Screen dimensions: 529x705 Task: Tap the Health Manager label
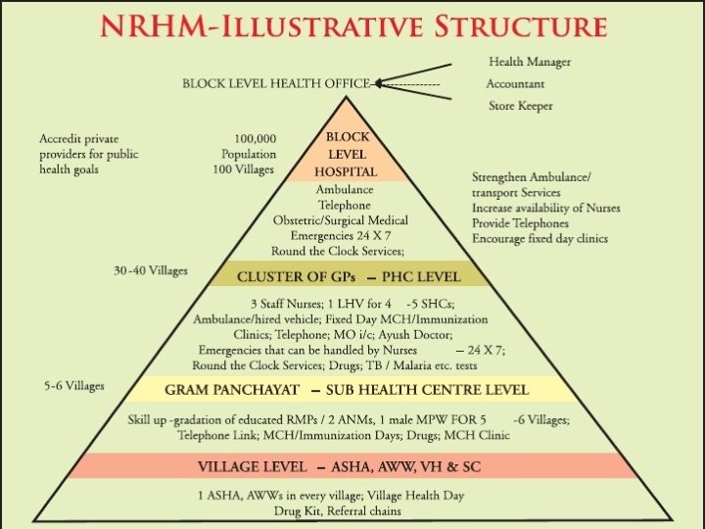pyautogui.click(x=529, y=63)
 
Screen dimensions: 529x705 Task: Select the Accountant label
pyautogui.click(x=516, y=84)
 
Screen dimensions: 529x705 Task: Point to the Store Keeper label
pyautogui.click(x=520, y=106)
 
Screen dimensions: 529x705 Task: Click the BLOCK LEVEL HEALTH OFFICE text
pyautogui.click(x=274, y=84)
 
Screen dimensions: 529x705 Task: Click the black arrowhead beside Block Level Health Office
pyautogui.click(x=379, y=84)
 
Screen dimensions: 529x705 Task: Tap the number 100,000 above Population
pyautogui.click(x=255, y=139)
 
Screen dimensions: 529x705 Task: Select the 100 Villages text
pyautogui.click(x=244, y=169)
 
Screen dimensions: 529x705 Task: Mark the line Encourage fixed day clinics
pyautogui.click(x=540, y=238)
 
